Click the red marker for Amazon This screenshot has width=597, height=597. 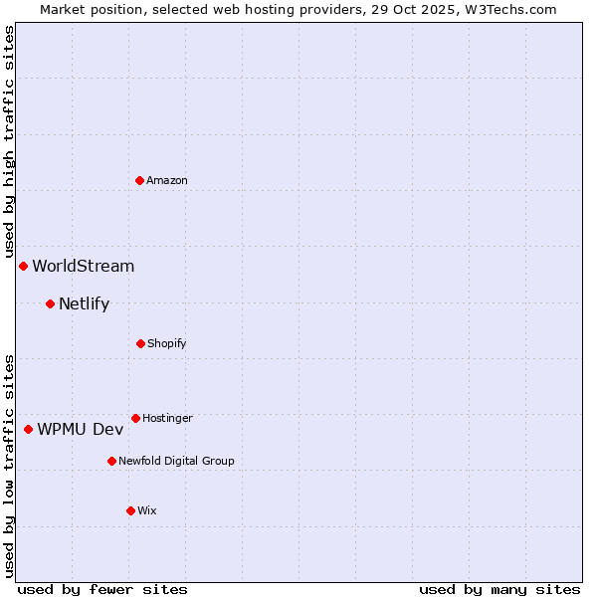click(x=140, y=180)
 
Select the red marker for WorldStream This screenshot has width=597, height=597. click(x=23, y=266)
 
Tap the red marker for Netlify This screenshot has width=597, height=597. click(x=50, y=303)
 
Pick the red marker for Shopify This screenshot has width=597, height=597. click(x=140, y=343)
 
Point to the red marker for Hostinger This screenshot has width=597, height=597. click(x=135, y=418)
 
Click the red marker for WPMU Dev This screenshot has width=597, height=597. click(x=28, y=429)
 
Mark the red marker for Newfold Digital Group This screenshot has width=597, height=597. click(x=111, y=461)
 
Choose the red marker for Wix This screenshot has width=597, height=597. click(x=130, y=510)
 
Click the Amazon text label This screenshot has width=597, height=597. click(x=167, y=180)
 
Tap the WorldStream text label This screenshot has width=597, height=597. click(x=84, y=266)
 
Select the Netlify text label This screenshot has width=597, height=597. click(x=85, y=303)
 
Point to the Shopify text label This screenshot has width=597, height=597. click(x=167, y=343)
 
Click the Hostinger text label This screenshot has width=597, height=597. click(x=167, y=418)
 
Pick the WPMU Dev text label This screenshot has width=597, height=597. click(x=81, y=429)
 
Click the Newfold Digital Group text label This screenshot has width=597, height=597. click(x=176, y=461)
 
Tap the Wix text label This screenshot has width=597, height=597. click(x=147, y=510)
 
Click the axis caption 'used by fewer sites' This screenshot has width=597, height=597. click(x=102, y=589)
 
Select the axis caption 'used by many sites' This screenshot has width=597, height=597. click(x=499, y=589)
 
